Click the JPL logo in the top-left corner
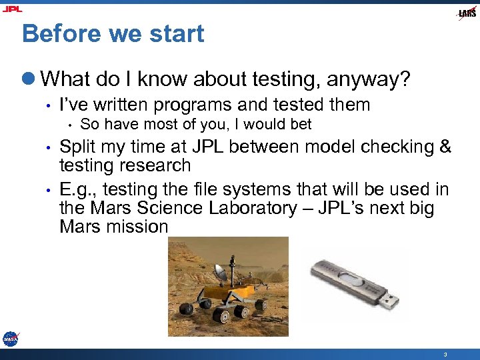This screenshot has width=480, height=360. pyautogui.click(x=13, y=9)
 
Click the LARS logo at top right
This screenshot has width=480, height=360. pyautogui.click(x=467, y=13)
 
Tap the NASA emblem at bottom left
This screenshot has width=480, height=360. pyautogui.click(x=10, y=339)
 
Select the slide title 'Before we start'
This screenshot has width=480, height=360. pyautogui.click(x=113, y=33)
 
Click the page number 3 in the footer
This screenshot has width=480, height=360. pyautogui.click(x=445, y=353)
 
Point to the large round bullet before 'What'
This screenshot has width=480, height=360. pyautogui.click(x=29, y=80)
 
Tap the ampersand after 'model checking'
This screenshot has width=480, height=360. pyautogui.click(x=445, y=147)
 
